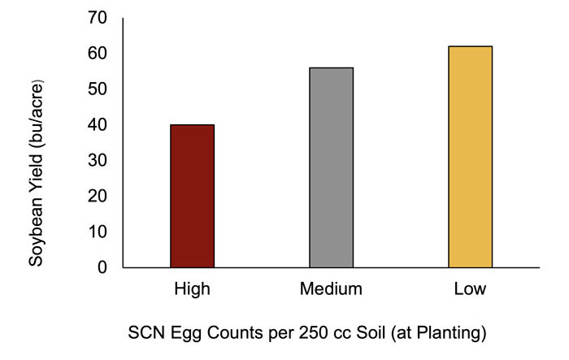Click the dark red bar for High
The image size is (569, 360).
click(192, 196)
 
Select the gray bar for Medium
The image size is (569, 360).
click(331, 167)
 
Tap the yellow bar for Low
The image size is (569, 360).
click(470, 157)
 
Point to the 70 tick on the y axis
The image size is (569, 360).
click(98, 18)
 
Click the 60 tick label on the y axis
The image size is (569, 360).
click(98, 54)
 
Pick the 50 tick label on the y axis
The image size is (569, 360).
click(98, 89)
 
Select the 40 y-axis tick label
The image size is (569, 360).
click(98, 125)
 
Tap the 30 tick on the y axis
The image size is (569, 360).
click(98, 160)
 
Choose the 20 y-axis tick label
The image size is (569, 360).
click(98, 196)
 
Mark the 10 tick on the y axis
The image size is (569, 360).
click(98, 232)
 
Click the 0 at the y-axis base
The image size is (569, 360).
click(103, 267)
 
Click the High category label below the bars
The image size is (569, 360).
click(192, 289)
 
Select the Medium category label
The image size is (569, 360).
click(331, 289)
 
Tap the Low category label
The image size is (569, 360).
click(470, 289)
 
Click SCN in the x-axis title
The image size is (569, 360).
click(145, 334)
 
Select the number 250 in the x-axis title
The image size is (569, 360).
click(306, 334)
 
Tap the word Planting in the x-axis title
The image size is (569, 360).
click(450, 334)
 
